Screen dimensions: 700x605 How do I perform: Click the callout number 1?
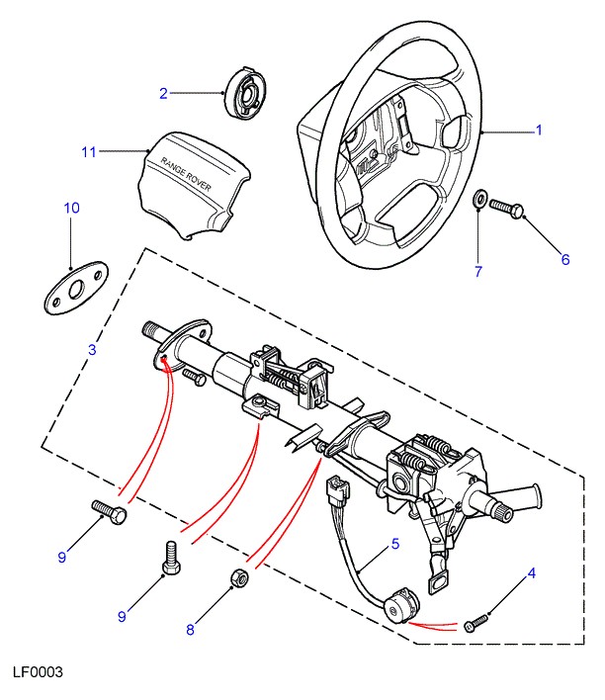tap(540, 131)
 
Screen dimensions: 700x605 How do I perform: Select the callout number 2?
tap(164, 94)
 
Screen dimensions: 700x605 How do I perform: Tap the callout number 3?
tap(92, 349)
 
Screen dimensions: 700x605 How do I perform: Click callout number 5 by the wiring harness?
tap(394, 543)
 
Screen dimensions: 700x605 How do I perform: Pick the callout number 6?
tap(565, 260)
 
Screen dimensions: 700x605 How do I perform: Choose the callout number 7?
tap(477, 272)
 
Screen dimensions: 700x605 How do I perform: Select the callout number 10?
tap(71, 208)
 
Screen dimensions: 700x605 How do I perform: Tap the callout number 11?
tap(89, 152)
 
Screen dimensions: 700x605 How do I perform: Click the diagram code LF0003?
tap(39, 672)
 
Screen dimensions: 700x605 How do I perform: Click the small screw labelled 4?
tap(476, 624)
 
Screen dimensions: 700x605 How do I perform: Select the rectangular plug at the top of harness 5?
tap(337, 488)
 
